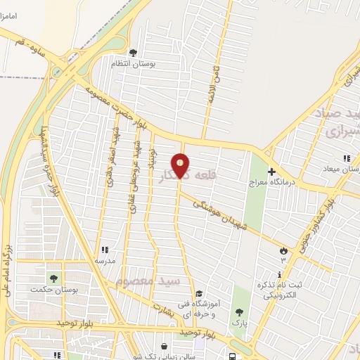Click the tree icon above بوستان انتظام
[133, 52]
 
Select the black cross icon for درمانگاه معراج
[272, 171]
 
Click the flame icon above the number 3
[283, 250]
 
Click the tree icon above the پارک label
[240, 312]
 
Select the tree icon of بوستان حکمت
[53, 279]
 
